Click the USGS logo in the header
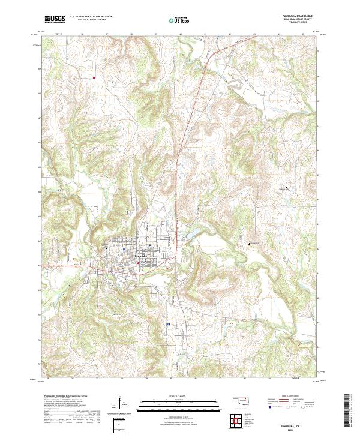pos(55,19)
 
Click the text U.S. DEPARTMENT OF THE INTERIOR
pos(91,17)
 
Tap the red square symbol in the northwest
pos(94,77)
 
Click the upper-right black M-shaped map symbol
pos(286,188)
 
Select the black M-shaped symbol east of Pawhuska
pos(248,244)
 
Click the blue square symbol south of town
pos(169,324)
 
